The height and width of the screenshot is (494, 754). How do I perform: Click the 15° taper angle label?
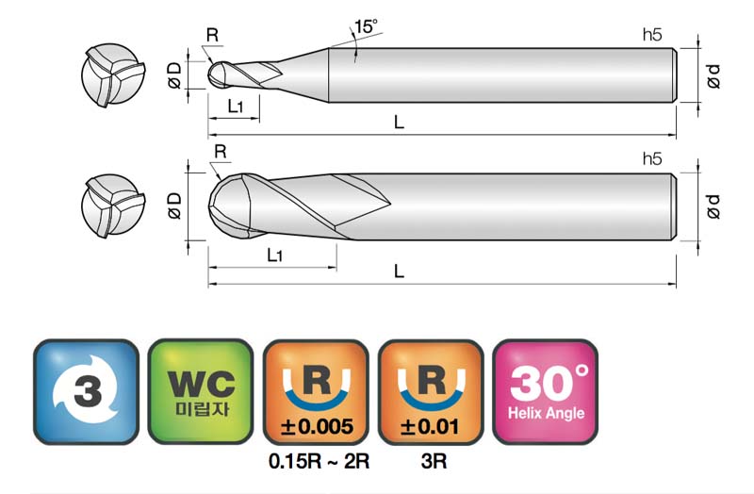(366, 27)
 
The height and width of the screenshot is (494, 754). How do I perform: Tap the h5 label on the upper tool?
(652, 35)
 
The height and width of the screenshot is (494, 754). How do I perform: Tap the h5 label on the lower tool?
(652, 158)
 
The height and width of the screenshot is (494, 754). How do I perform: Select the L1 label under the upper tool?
(235, 107)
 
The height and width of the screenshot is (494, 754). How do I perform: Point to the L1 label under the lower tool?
(275, 255)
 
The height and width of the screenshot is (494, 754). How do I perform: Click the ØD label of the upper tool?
(174, 75)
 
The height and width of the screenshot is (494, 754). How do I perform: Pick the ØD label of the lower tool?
(174, 206)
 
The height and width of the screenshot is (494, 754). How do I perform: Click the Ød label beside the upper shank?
(714, 76)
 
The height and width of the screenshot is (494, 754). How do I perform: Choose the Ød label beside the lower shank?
(714, 206)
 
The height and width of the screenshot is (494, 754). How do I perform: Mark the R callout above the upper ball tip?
(212, 35)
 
